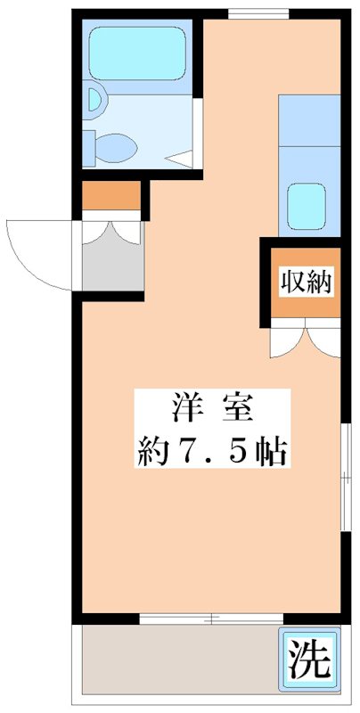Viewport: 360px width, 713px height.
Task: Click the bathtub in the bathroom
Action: [137, 51]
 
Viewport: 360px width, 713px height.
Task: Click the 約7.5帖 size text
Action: [211, 453]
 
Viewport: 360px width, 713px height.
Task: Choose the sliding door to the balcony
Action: [211, 617]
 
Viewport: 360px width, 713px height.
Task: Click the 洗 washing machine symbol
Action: [309, 660]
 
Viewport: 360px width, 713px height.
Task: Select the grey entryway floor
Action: [110, 264]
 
